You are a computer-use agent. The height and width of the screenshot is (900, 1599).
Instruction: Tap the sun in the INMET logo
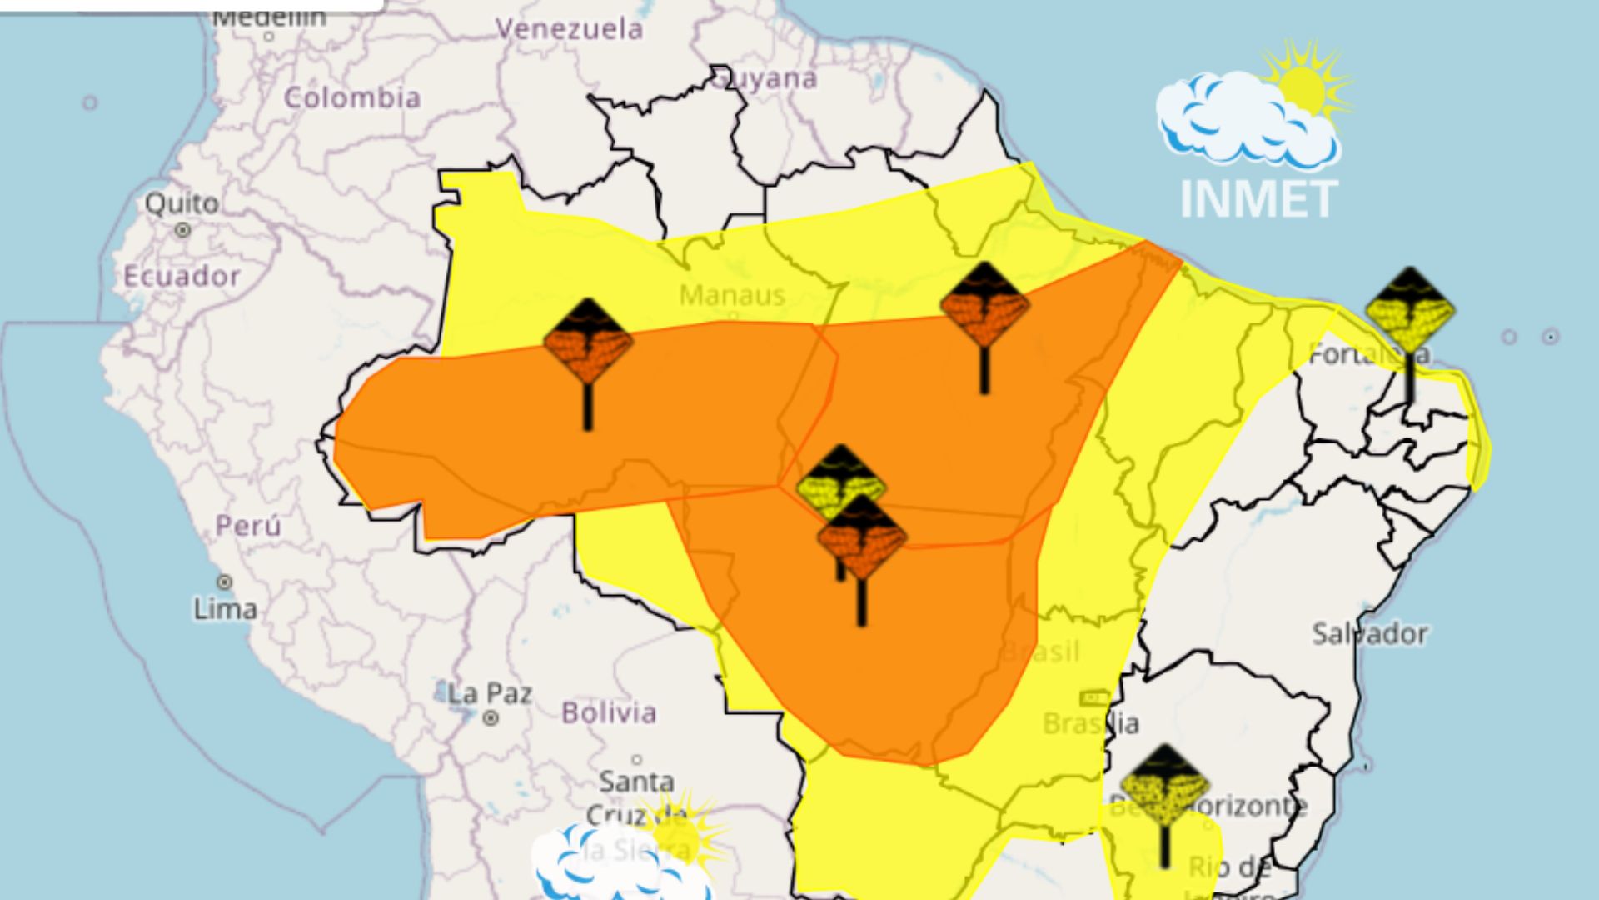pyautogui.click(x=1304, y=87)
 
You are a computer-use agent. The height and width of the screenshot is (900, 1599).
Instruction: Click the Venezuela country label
pyautogui.click(x=570, y=29)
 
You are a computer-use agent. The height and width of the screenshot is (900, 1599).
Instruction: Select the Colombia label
pyautogui.click(x=352, y=97)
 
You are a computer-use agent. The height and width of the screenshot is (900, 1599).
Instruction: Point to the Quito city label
pyautogui.click(x=182, y=202)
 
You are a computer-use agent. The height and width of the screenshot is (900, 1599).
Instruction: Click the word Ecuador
pyautogui.click(x=182, y=276)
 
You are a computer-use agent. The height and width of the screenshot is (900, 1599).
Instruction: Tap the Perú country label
pyautogui.click(x=248, y=526)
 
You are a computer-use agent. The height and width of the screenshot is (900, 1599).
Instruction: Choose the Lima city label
pyautogui.click(x=225, y=609)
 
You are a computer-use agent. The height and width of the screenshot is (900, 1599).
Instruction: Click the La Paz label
pyautogui.click(x=490, y=693)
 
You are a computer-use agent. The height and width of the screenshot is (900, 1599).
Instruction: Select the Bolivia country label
pyautogui.click(x=609, y=712)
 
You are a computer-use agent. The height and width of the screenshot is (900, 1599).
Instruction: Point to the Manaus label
pyautogui.click(x=732, y=295)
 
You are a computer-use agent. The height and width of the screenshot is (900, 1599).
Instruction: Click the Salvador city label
pyautogui.click(x=1370, y=634)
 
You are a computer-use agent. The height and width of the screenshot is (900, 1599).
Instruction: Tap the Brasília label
pyautogui.click(x=1091, y=722)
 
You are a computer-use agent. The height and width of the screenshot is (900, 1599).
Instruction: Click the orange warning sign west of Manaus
pyautogui.click(x=588, y=342)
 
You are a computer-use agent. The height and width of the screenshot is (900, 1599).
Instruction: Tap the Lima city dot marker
pyautogui.click(x=224, y=582)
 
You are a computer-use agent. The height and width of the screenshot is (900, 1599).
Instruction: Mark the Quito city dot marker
pyautogui.click(x=182, y=229)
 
